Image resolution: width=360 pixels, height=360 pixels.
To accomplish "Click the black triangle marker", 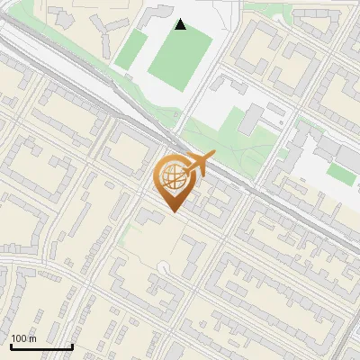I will [x=181, y=24].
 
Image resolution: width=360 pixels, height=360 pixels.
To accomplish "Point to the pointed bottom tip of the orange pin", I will [x=173, y=211].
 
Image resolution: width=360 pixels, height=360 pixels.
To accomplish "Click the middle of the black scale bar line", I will [x=40, y=346].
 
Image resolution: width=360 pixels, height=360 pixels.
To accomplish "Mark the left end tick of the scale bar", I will [x=10, y=346].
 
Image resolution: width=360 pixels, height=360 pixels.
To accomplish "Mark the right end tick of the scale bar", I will [x=72, y=346].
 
